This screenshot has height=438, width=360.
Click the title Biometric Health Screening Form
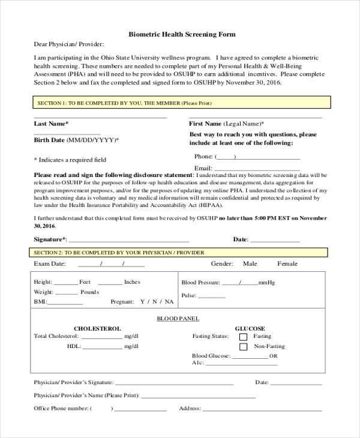[x=182, y=34]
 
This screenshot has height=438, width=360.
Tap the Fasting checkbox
[x=243, y=337]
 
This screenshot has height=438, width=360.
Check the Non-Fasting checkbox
[x=243, y=347]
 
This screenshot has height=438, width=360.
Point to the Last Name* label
[x=51, y=124]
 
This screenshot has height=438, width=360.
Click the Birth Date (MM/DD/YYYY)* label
[x=76, y=140]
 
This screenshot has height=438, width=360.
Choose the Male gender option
[x=250, y=264]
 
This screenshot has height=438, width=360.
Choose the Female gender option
[x=287, y=264]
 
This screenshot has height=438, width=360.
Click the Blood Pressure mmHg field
[x=240, y=283]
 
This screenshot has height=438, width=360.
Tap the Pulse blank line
[x=212, y=296]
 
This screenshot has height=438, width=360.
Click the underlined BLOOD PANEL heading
[x=178, y=318]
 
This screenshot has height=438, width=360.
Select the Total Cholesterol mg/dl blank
[x=101, y=337]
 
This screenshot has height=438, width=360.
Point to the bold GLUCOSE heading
[x=250, y=329]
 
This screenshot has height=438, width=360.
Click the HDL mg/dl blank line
[x=103, y=347]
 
